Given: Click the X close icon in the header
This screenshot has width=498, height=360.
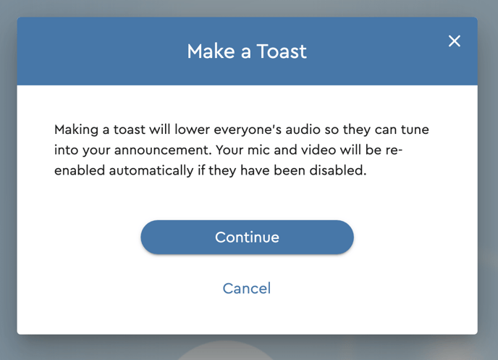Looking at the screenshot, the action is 454,41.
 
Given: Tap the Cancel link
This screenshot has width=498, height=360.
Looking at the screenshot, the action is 247,288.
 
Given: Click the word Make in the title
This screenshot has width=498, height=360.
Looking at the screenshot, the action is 211,51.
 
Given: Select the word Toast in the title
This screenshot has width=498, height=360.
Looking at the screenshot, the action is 282,51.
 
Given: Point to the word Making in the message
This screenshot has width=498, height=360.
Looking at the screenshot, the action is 76,130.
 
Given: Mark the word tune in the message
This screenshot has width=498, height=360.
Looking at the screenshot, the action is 415,130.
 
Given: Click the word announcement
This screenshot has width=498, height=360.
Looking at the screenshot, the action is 163,150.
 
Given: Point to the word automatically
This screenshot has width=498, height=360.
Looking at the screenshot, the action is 151,171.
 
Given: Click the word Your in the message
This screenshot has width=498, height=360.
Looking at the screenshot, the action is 229,150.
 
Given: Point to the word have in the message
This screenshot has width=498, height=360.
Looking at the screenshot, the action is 255,170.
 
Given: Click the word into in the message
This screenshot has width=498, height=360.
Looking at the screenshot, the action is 66,150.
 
